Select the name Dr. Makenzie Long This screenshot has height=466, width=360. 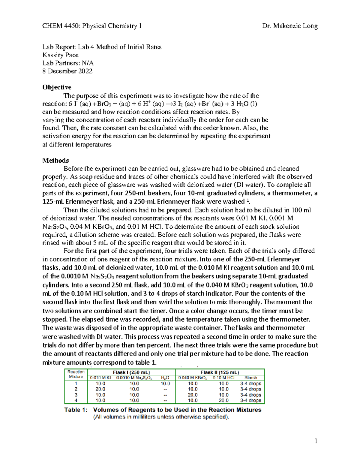click(290, 26)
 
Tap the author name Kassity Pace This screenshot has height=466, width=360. click(60, 55)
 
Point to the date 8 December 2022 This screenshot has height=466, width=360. click(67, 71)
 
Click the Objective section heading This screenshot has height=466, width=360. click(57, 87)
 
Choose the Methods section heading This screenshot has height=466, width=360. click(55, 161)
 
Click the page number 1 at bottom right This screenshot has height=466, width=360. click(316, 441)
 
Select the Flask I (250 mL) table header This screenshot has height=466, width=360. click(131, 372)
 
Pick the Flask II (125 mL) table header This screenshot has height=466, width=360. click(220, 372)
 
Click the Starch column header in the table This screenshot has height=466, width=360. click(250, 378)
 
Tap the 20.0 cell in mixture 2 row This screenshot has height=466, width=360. click(100, 389)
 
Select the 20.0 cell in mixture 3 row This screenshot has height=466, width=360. click(193, 395)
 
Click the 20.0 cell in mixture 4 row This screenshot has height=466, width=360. click(223, 401)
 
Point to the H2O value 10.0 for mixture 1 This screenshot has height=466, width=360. click(165, 383)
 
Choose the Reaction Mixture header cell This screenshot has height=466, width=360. click(76, 374)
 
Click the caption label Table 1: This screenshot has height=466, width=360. click(76, 410)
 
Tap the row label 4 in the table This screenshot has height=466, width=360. click(76, 401)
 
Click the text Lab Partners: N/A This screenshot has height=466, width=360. click(68, 63)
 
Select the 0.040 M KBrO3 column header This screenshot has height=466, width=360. click(193, 378)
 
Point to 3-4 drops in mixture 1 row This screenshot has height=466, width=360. click(250, 383)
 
